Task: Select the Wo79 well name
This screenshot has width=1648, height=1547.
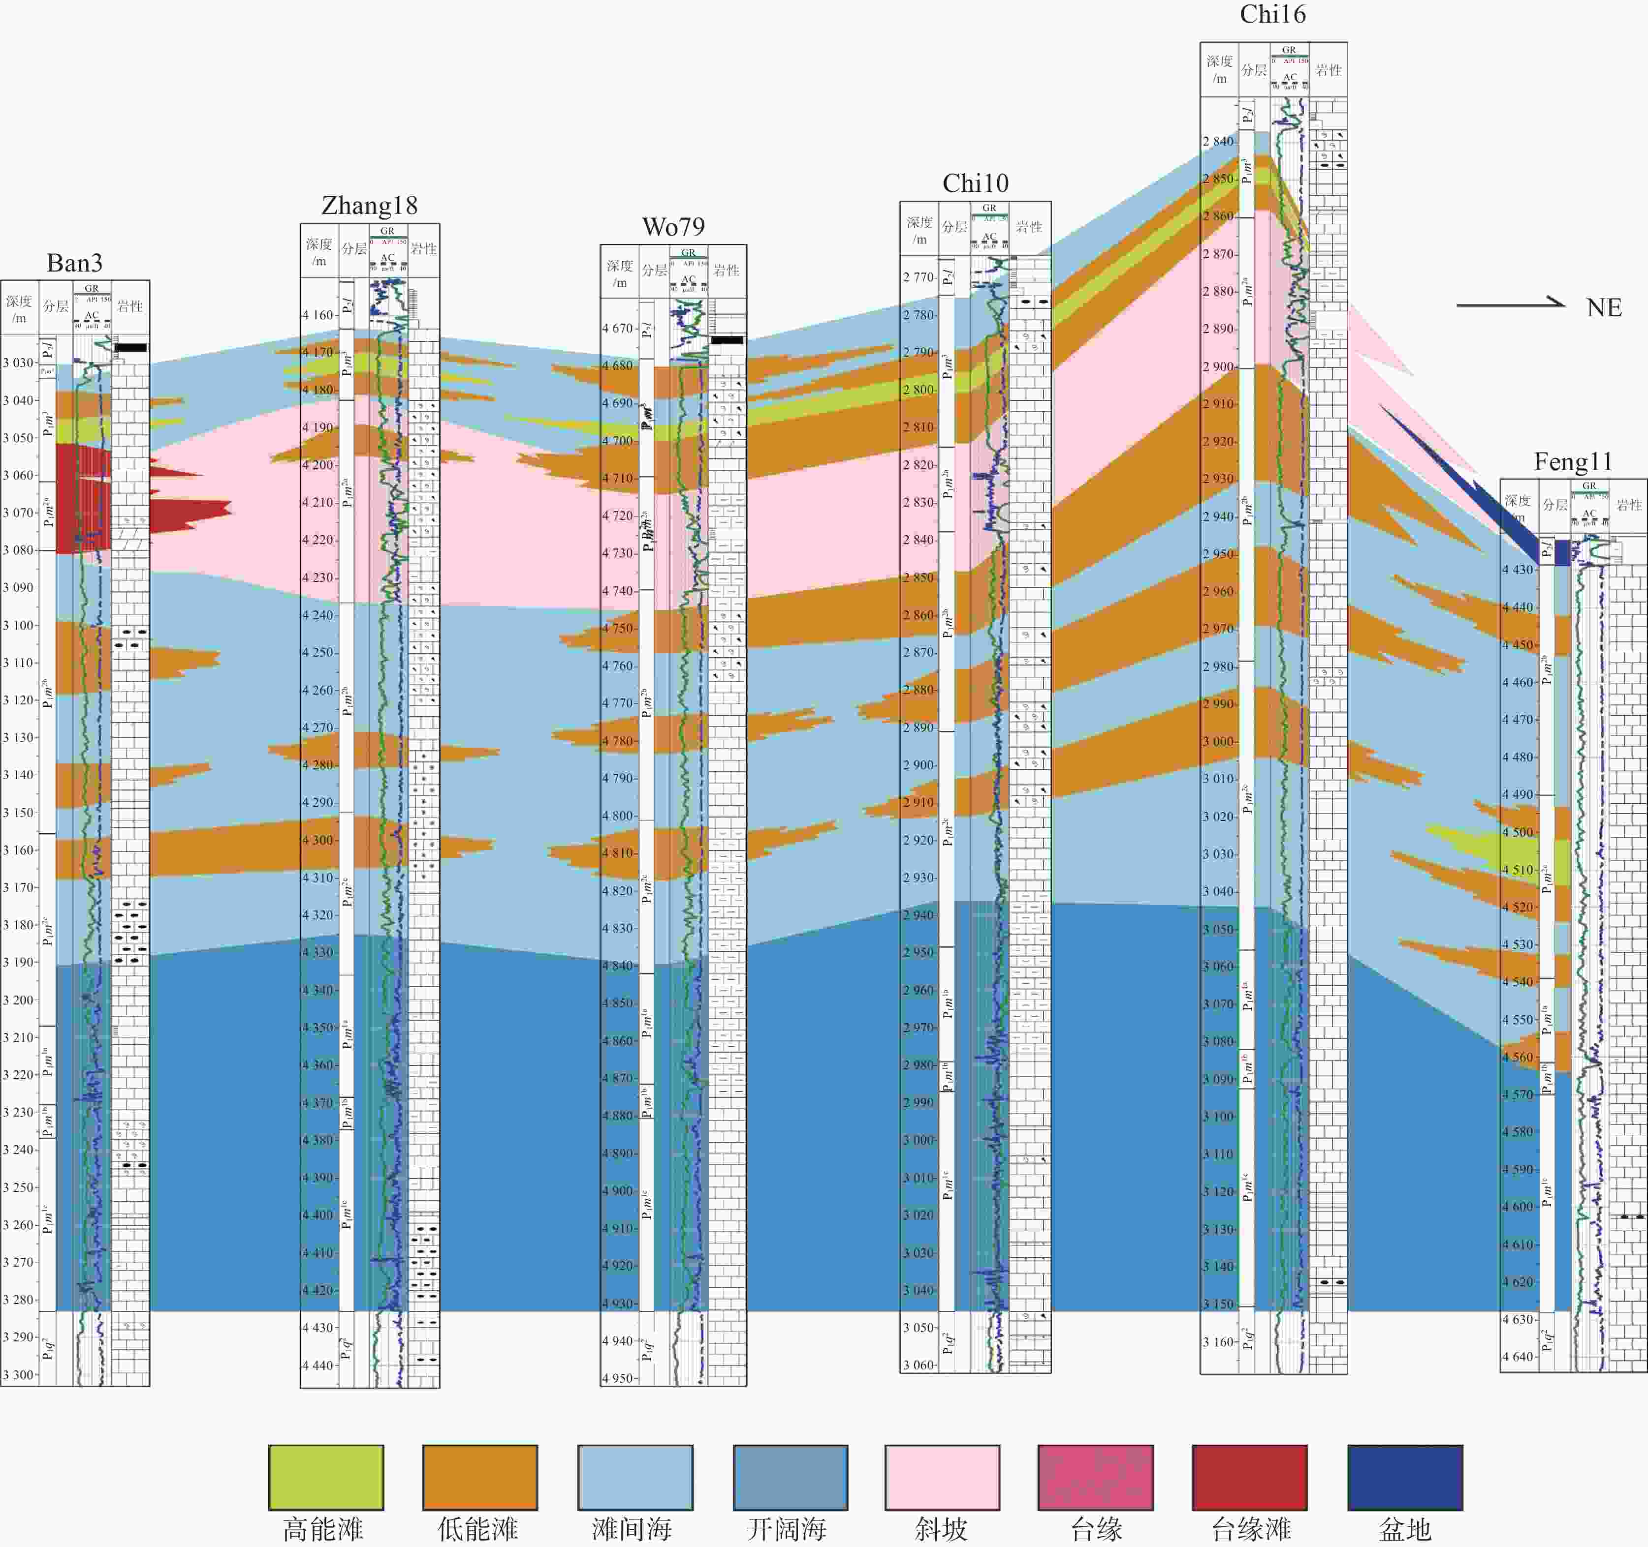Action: click(x=673, y=227)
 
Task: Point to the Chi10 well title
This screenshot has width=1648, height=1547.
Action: click(x=975, y=183)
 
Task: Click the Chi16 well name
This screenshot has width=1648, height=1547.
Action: click(x=1272, y=14)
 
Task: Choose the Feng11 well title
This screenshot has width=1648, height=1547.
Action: click(x=1573, y=461)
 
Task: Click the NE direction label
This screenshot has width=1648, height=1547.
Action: click(x=1603, y=308)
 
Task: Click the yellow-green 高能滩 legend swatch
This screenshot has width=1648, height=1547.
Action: click(x=326, y=1478)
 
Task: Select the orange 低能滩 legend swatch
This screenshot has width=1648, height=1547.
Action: click(x=480, y=1478)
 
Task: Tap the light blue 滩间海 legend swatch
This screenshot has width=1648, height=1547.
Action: click(x=635, y=1478)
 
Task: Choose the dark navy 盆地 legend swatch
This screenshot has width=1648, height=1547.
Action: click(x=1405, y=1478)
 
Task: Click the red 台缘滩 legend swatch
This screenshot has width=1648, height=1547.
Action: click(x=1249, y=1478)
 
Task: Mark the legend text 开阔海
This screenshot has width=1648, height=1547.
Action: click(x=786, y=1529)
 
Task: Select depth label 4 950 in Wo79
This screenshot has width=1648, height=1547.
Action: click(x=618, y=1378)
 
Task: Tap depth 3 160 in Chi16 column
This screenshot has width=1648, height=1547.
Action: click(x=1219, y=1341)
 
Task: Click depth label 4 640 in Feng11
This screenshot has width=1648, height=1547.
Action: click(x=1518, y=1357)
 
